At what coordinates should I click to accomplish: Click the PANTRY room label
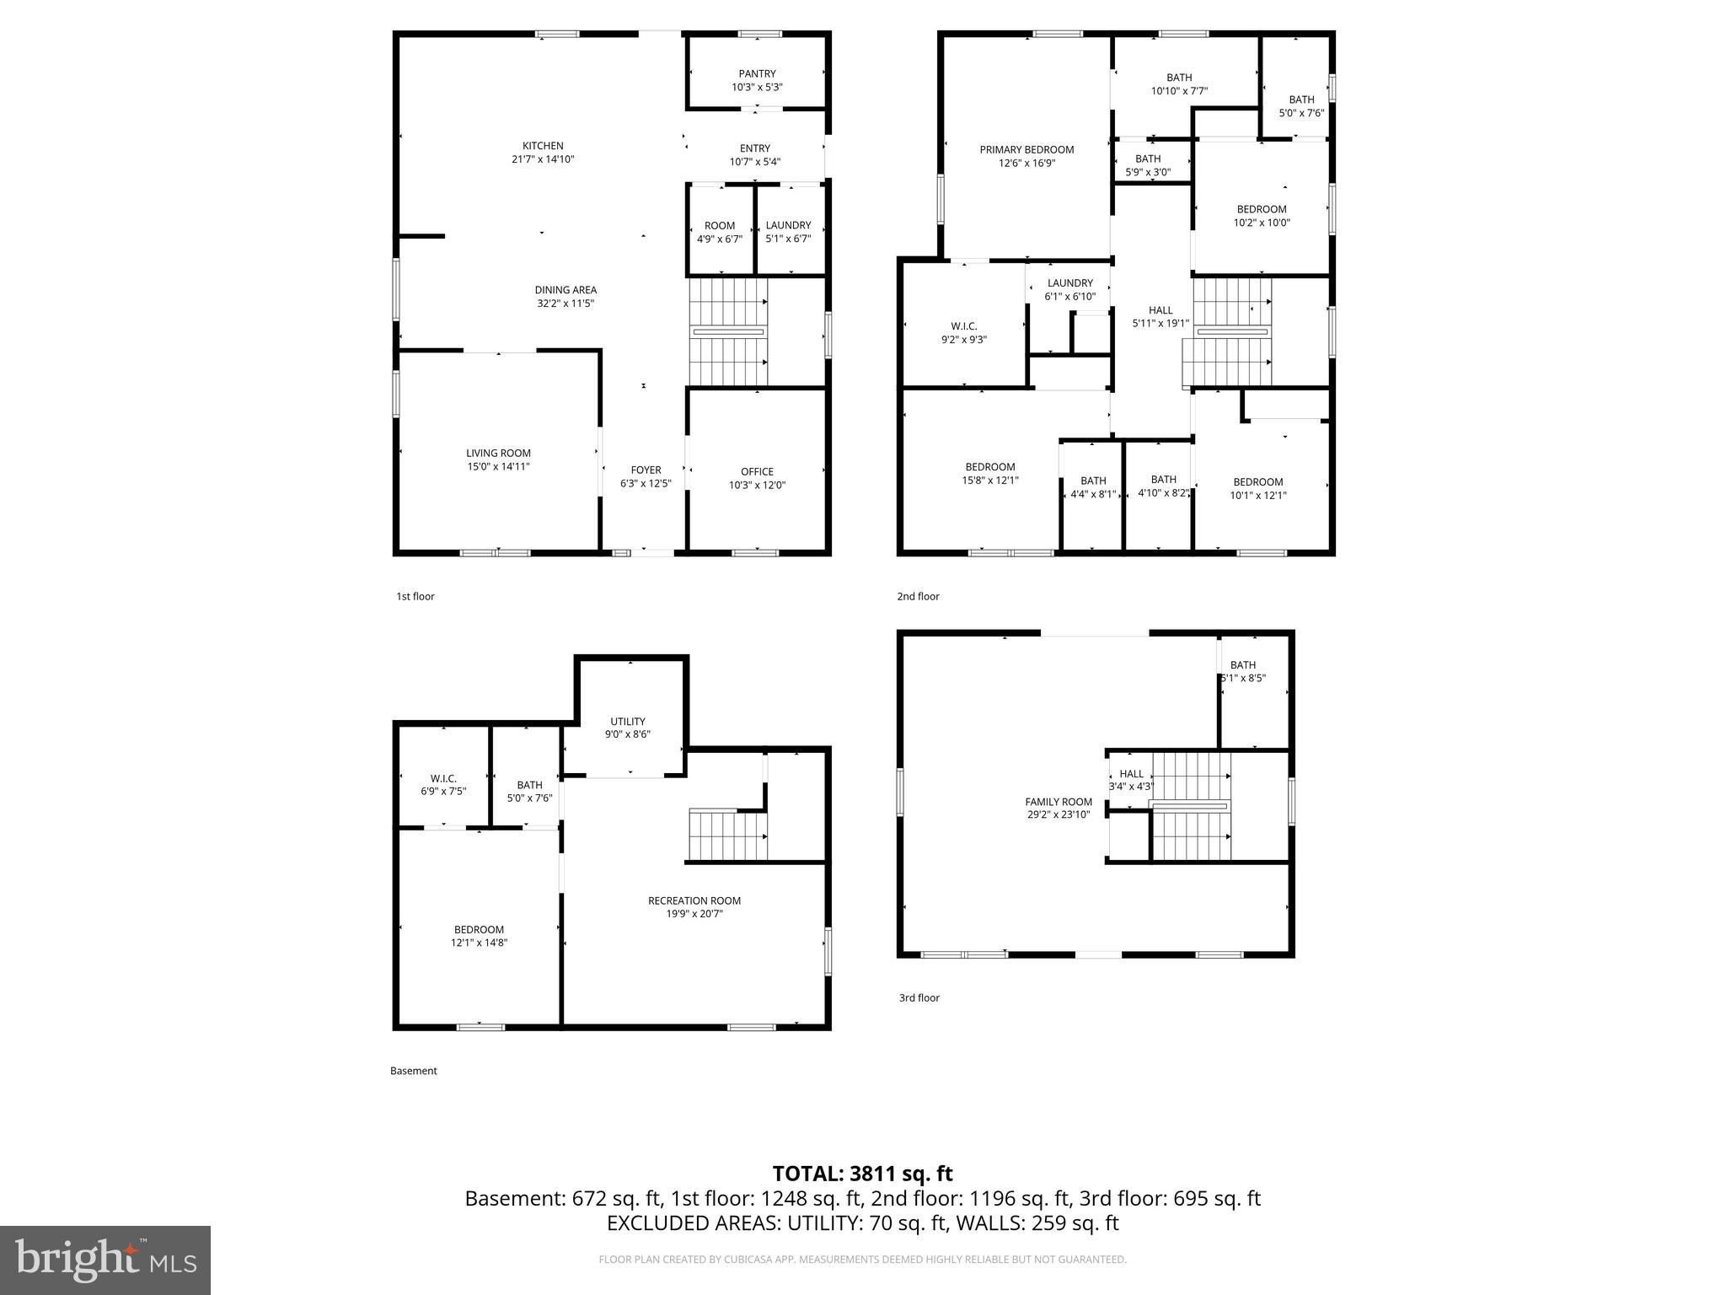757,74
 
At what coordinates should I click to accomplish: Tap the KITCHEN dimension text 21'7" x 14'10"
543,159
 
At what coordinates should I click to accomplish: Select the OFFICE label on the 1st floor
757,471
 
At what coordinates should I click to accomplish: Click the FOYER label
646,470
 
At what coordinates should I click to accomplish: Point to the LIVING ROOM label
498,453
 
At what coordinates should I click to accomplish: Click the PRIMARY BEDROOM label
1026,150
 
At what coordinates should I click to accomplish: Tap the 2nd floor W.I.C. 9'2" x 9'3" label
963,333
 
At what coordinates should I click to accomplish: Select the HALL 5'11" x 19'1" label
1160,316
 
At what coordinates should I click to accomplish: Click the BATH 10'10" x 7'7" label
1179,84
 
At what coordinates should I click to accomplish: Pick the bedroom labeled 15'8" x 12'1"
990,474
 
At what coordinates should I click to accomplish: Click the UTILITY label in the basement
628,722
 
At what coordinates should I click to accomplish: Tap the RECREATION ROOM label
694,900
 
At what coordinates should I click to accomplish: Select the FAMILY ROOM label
1059,802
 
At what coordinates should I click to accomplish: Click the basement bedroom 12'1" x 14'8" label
479,936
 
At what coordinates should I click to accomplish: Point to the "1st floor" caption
415,596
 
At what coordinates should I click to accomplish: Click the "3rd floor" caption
919,997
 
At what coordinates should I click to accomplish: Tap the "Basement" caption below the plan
413,1071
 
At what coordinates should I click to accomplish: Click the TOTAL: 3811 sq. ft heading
862,1174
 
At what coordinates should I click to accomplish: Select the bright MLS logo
105,1260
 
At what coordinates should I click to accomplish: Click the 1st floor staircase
728,332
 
